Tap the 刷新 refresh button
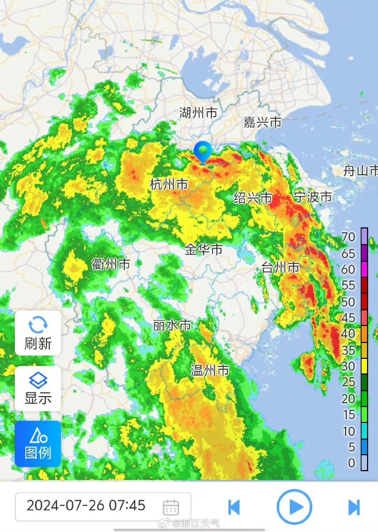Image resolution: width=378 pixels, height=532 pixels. (38, 333)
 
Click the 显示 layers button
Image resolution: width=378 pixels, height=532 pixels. (38, 388)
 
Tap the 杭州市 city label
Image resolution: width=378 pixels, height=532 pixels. (169, 185)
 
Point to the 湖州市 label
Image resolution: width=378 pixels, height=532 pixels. (198, 113)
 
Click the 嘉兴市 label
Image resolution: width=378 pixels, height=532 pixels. (262, 122)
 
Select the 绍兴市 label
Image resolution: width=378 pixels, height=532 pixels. (253, 198)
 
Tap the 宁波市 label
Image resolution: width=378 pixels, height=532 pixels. (313, 197)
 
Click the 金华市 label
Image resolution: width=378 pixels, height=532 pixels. (203, 250)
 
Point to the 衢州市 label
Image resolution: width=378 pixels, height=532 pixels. (111, 265)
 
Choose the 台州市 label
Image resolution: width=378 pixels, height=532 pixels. (280, 267)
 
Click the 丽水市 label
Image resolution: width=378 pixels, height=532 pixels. (171, 325)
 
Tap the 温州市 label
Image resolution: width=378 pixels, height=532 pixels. (209, 370)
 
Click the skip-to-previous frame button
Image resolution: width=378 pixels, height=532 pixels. (234, 507)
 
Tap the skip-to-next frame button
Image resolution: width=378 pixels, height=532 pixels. (354, 507)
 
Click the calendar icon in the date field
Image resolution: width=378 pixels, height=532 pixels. (171, 507)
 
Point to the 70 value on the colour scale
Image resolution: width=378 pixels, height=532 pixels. (348, 237)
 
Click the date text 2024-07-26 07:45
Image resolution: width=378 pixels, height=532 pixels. (86, 505)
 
